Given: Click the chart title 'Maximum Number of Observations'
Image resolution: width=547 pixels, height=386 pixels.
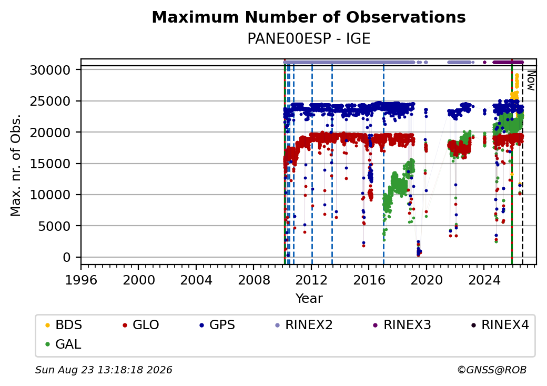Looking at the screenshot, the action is [309, 17].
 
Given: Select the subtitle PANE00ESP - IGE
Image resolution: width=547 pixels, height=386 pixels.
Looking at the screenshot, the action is [309, 39].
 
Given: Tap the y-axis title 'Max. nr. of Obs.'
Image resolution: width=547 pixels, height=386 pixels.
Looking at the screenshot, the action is [16, 165].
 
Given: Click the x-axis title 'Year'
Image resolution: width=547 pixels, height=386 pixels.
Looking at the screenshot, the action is [309, 299].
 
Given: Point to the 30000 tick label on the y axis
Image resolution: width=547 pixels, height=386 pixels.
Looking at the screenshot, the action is [50, 70].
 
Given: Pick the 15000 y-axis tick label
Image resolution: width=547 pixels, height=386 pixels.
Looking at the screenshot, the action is [50, 164].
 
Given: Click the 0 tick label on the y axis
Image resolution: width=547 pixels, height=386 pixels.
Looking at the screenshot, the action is [67, 257].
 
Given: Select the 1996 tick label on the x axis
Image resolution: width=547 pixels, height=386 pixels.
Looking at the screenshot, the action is [81, 280].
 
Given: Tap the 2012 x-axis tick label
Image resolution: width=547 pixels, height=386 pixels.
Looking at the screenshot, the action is [311, 280].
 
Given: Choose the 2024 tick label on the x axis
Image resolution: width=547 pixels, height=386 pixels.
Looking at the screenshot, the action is [484, 280].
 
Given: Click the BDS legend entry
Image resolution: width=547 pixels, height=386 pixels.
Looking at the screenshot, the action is [64, 325].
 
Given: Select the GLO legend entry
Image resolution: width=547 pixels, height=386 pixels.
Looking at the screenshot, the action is [141, 325].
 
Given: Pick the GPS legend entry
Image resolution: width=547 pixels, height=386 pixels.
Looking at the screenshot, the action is [217, 325].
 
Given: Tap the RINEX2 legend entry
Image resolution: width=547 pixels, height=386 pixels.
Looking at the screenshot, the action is [304, 325].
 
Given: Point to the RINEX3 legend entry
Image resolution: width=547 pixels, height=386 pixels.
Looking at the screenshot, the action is [402, 325].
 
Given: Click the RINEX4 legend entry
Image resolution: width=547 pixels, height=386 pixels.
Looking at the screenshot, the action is [500, 325].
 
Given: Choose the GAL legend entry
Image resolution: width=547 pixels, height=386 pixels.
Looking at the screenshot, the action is [63, 344].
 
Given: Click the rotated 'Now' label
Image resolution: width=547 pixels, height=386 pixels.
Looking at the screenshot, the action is [531, 80].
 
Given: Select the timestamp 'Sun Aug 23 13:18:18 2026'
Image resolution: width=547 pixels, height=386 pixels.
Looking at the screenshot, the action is [104, 370].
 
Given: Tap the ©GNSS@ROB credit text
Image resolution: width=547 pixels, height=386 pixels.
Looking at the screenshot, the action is [492, 370].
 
